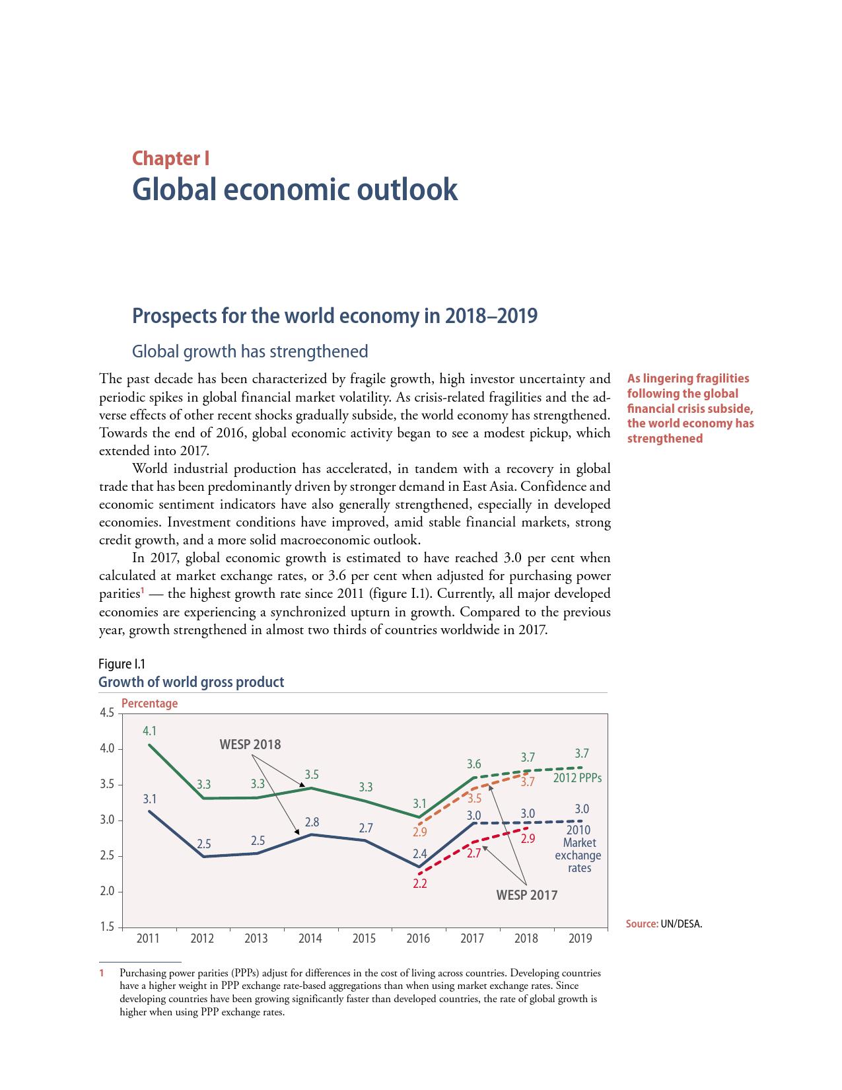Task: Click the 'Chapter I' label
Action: click(170, 159)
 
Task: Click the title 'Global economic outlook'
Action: click(295, 190)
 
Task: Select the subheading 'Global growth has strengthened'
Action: click(250, 351)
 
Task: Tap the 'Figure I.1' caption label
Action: click(122, 664)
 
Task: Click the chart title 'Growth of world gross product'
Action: click(191, 682)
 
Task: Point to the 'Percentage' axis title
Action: click(149, 704)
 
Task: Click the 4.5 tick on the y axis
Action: click(106, 713)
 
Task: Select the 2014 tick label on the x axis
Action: click(310, 938)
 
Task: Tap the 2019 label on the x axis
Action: click(580, 938)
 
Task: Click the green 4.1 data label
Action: click(149, 731)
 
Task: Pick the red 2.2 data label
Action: click(419, 883)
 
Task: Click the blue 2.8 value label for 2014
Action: click(312, 822)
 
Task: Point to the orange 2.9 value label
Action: click(419, 832)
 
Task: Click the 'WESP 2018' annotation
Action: click(250, 745)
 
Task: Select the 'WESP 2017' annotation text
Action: click(526, 895)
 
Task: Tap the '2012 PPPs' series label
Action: click(577, 778)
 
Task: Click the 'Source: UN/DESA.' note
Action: click(664, 924)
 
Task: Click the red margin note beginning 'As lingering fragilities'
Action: click(690, 408)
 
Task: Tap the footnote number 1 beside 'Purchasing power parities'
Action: click(102, 973)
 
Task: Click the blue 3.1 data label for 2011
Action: click(149, 799)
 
